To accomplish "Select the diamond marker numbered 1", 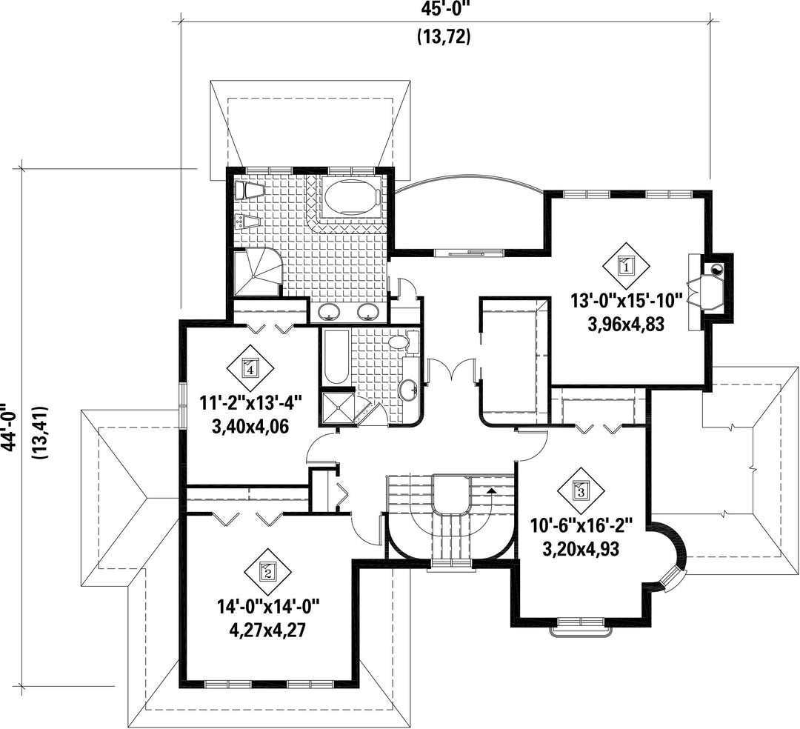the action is tap(626, 265).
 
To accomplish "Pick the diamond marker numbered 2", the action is tap(267, 572).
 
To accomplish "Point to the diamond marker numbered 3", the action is tap(581, 490).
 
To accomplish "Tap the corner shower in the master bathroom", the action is tap(257, 271).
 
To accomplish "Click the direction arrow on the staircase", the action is tap(491, 490).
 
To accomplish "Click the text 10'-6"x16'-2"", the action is tap(581, 525).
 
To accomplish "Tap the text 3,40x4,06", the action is tap(250, 425).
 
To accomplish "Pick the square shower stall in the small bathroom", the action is tap(337, 407).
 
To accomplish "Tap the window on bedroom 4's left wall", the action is tap(182, 404).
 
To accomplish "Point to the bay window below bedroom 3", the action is tap(581, 627).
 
